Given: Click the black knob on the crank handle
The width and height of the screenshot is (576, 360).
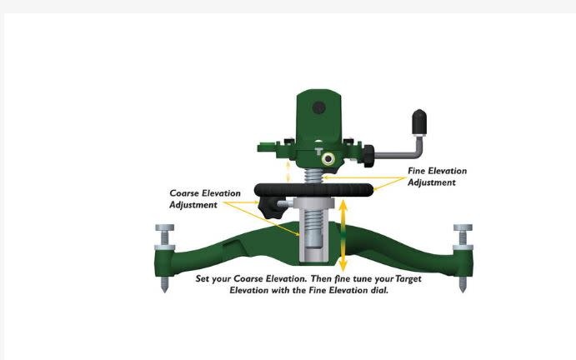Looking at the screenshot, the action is pos(419,122).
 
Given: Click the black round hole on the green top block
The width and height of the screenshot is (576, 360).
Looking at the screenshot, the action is pos(319,108).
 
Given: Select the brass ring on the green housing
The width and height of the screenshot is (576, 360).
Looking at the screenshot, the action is pos(328,159).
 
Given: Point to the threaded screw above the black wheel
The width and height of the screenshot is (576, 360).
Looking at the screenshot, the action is pos(313,176).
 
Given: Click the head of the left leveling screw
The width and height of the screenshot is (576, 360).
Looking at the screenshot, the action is pos(164,227).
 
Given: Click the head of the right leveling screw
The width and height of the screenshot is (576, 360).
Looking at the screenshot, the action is pos(463,227).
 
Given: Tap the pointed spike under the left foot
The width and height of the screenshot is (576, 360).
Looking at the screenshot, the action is pos(164,285).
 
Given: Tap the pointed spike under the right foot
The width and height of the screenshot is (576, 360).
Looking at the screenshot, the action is pos(463,285).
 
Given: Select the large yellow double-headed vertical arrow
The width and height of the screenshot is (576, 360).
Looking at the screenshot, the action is pos(343,235).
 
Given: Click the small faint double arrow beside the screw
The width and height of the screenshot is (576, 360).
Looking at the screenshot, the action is pos(288,171).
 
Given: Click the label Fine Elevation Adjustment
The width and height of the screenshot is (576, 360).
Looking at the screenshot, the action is pos(437,177).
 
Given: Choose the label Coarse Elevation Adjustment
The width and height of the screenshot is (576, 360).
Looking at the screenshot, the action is pos(205,198).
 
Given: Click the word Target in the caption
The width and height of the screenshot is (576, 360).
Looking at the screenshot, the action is pos(408,279).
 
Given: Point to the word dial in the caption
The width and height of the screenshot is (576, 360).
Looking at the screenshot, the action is pos(379,290).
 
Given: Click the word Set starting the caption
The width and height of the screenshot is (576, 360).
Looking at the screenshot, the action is pos(203,278).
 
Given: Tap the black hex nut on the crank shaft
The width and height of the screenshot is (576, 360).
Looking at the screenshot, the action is pos(368,156).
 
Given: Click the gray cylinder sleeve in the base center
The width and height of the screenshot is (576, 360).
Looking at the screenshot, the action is pos(313,232).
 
